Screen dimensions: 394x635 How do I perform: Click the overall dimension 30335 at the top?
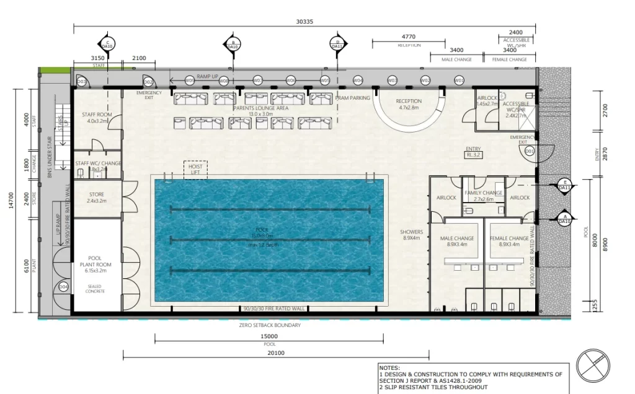304,22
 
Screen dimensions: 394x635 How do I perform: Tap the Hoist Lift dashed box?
195,169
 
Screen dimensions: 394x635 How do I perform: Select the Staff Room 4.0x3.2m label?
96,118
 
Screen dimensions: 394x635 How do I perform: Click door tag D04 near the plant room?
63,287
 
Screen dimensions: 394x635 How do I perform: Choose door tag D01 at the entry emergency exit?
530,151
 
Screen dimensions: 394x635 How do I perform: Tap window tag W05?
324,81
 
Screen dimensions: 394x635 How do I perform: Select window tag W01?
459,81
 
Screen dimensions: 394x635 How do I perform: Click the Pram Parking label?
352,98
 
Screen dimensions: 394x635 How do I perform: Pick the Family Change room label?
483,196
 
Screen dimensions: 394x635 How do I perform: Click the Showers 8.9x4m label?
411,235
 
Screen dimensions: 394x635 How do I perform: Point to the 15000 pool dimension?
269,336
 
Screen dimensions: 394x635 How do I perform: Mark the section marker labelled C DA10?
107,44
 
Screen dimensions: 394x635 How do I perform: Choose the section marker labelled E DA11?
564,185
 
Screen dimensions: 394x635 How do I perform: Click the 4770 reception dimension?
409,37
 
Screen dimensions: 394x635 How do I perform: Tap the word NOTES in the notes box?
390,367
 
